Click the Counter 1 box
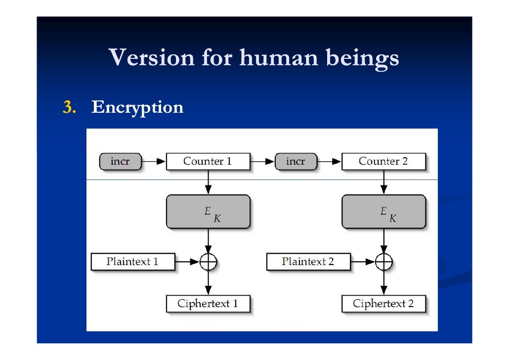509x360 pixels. [x=207, y=161]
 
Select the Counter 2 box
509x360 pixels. [x=383, y=161]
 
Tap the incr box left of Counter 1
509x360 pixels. [x=120, y=161]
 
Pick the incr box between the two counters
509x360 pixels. [x=296, y=161]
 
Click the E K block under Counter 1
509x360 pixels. [x=208, y=211]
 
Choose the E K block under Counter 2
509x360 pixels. [x=383, y=211]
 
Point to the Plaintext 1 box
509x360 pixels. [x=132, y=262]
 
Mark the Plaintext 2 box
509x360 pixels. [x=308, y=262]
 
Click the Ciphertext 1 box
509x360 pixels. [x=208, y=304]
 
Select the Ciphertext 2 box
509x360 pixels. [x=383, y=304]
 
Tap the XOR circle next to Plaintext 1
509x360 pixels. [x=208, y=262]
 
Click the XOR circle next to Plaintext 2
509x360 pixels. [x=383, y=262]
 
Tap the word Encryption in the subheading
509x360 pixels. [x=137, y=107]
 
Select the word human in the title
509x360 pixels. [x=279, y=58]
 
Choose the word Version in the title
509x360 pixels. [x=152, y=58]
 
